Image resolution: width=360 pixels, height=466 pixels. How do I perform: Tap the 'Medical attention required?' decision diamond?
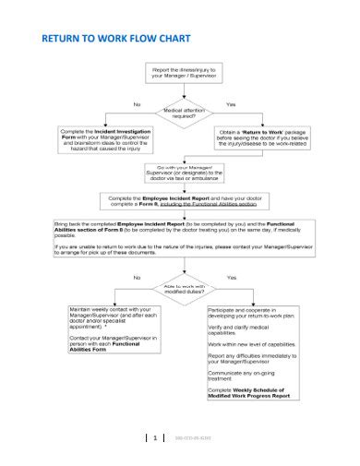coord(181,114)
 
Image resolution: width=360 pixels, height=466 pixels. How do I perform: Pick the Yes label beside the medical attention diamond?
coord(231,104)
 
